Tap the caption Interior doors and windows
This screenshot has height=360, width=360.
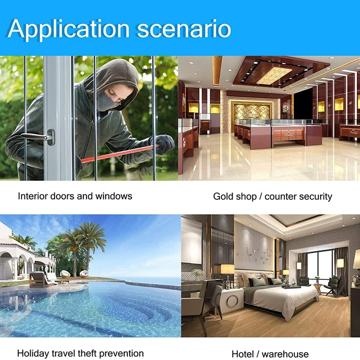tap(75, 196)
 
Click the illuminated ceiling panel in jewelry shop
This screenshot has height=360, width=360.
tap(274, 76)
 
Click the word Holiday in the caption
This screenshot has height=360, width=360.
tap(32, 353)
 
